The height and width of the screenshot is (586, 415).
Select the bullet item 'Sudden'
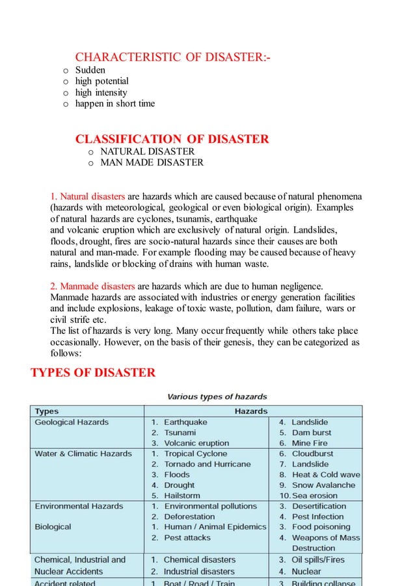point(90,70)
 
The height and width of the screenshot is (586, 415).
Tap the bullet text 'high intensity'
point(101,92)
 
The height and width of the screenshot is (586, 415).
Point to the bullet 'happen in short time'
point(114,103)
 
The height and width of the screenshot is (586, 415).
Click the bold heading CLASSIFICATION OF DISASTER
point(172,139)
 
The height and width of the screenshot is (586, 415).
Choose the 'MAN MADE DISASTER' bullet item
point(152,162)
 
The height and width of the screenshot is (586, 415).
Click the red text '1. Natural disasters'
point(88,196)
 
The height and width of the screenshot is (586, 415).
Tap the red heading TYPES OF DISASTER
point(93,372)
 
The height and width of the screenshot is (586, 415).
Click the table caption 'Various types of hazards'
point(217,396)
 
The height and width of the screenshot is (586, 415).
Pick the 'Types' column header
point(47,411)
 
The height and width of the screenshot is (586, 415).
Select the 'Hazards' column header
point(251,411)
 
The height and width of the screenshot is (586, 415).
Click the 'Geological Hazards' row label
point(72,422)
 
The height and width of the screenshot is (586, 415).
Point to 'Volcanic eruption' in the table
point(196,443)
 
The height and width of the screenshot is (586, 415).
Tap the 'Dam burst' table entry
point(311,433)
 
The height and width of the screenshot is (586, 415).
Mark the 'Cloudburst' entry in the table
point(312,453)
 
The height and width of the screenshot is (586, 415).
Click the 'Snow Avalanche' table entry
point(323,485)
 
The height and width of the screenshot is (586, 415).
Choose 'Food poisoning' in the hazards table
point(321,527)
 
